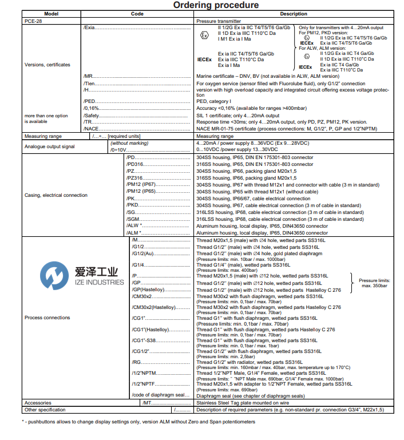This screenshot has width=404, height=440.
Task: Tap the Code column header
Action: click(x=137, y=14)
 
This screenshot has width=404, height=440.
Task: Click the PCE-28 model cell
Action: click(x=33, y=21)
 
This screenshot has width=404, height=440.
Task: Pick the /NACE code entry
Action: click(x=91, y=129)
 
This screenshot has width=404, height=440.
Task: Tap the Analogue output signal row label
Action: click(x=50, y=146)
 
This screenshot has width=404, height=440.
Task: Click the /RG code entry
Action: click(x=137, y=362)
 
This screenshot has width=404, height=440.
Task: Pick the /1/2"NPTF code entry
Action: click(x=144, y=384)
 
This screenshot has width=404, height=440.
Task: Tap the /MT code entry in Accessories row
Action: click(x=146, y=403)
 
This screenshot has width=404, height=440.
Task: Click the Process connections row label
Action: click(x=47, y=318)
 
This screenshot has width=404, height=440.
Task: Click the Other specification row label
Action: click(x=45, y=410)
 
